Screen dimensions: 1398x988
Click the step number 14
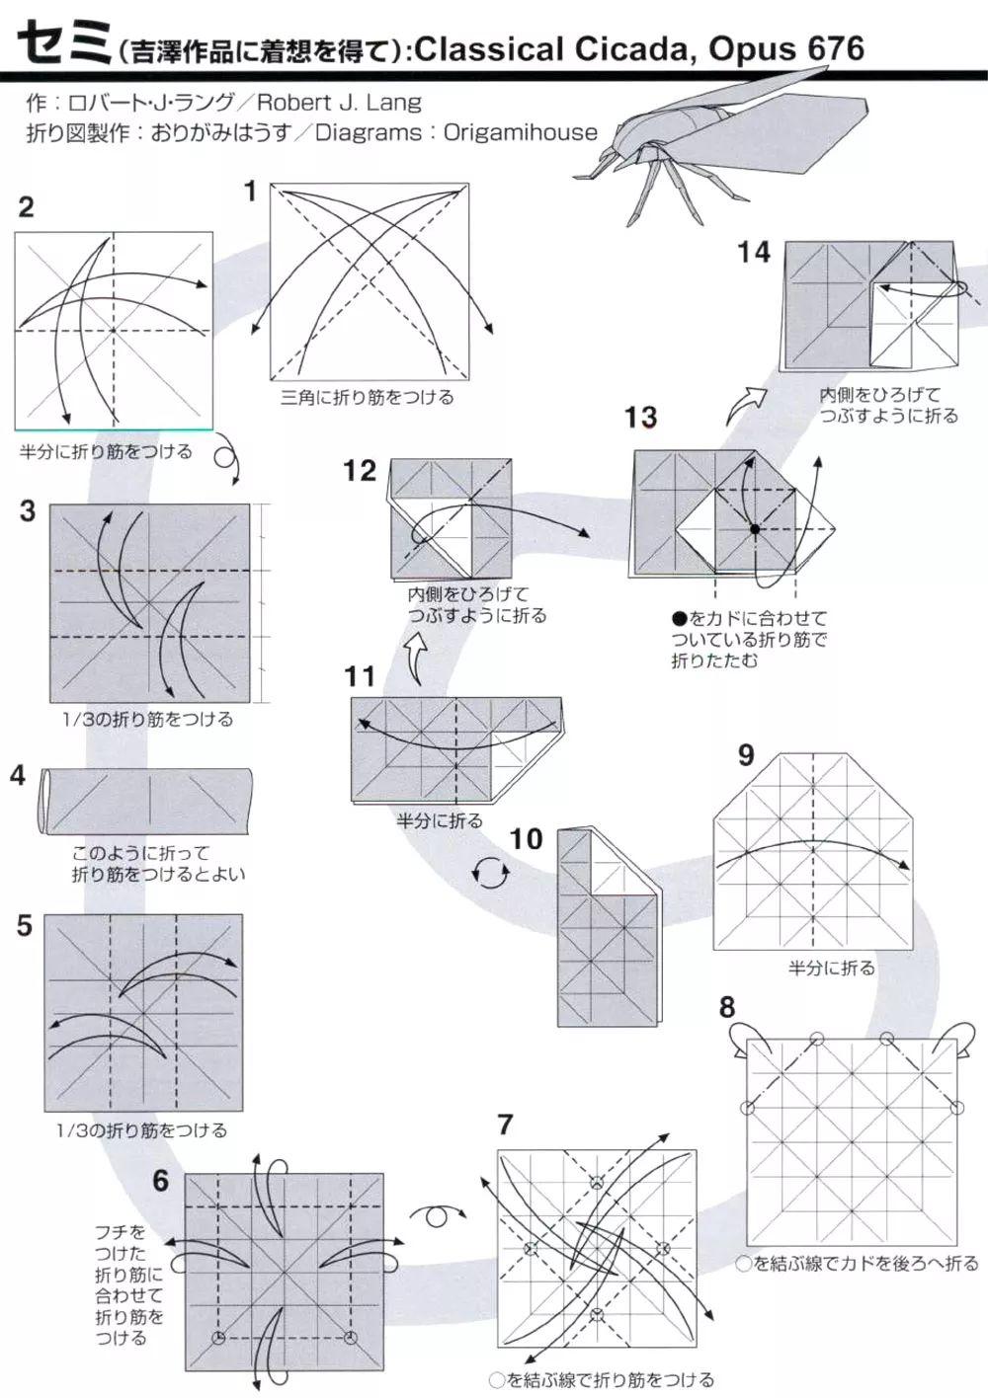pyautogui.click(x=753, y=253)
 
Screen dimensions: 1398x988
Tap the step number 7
pyautogui.click(x=506, y=1124)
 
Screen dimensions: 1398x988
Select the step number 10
pyautogui.click(x=526, y=839)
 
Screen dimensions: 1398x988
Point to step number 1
pyautogui.click(x=251, y=191)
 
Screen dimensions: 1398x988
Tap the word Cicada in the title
pyautogui.click(x=626, y=47)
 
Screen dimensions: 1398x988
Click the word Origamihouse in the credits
pyautogui.click(x=521, y=132)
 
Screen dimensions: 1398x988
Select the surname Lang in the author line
pyautogui.click(x=396, y=102)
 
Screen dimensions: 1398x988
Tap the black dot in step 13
pyautogui.click(x=754, y=529)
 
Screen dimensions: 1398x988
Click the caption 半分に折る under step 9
pyautogui.click(x=831, y=969)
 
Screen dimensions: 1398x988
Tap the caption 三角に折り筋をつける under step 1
pyautogui.click(x=368, y=398)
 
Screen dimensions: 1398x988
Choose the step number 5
pyautogui.click(x=25, y=926)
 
